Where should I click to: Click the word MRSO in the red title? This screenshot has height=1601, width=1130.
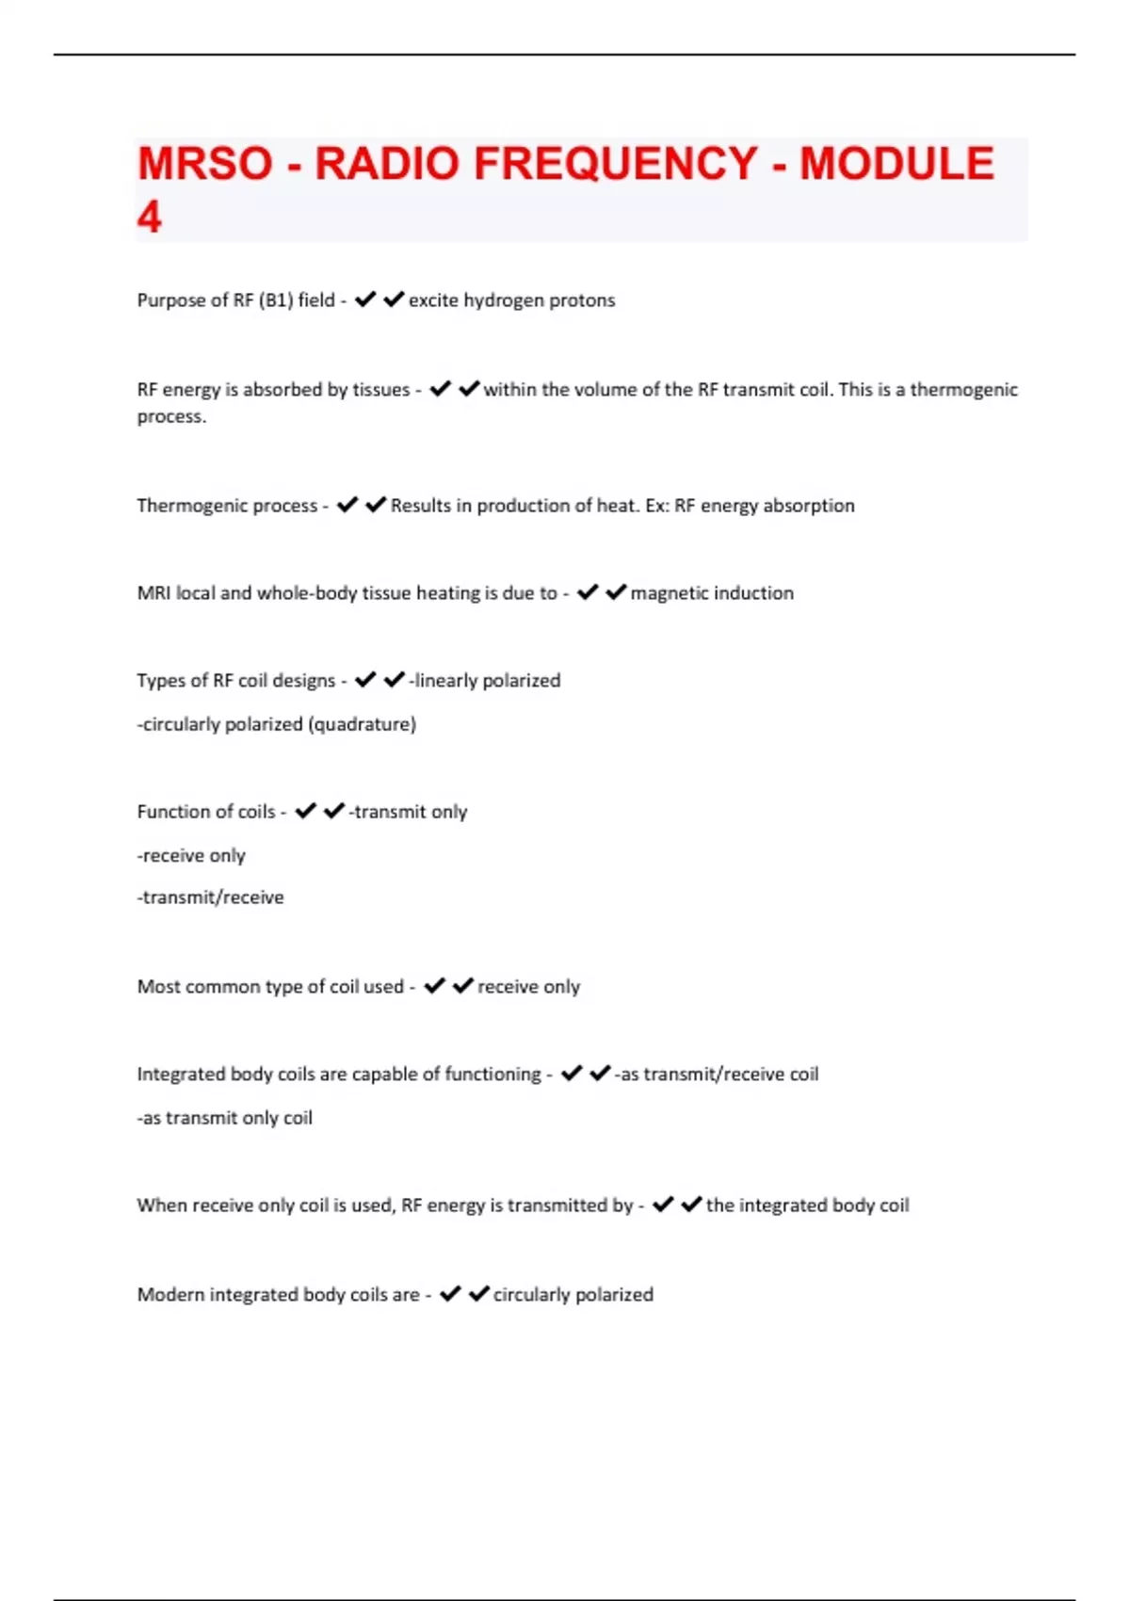click(x=204, y=164)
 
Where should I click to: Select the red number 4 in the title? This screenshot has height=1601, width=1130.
click(x=149, y=218)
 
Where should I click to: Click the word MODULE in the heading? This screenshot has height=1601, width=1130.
click(x=896, y=164)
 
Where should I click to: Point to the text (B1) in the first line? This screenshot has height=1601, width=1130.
click(x=275, y=300)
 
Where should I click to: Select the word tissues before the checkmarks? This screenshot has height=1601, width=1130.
click(x=378, y=390)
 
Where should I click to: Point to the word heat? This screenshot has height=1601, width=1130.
click(x=616, y=506)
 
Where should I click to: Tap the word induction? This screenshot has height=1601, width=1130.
click(x=754, y=593)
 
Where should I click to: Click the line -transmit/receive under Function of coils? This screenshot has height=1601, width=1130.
click(x=210, y=898)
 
